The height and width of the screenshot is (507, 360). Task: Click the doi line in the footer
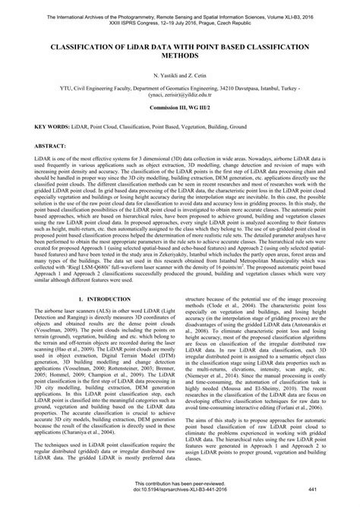pyautogui.click(x=180, y=493)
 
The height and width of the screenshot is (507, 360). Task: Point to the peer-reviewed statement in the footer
pyautogui.click(x=180, y=487)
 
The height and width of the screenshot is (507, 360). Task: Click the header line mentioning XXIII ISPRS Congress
pyautogui.click(x=180, y=20)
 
